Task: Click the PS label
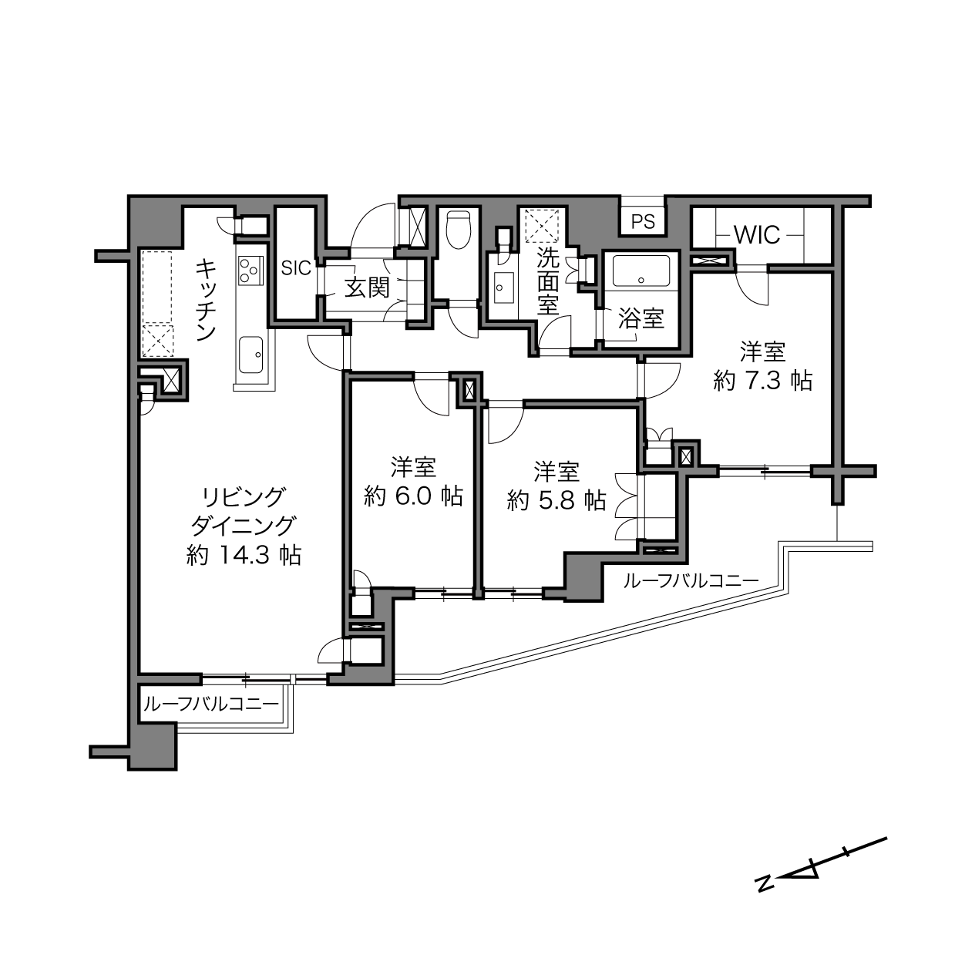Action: click(643, 221)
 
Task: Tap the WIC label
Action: click(757, 234)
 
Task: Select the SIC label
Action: click(296, 268)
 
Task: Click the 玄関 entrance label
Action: click(367, 288)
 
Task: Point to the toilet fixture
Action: click(458, 230)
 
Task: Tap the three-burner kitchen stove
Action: click(250, 271)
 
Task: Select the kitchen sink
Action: click(251, 355)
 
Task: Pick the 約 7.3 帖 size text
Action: click(763, 381)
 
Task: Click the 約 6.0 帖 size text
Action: click(413, 496)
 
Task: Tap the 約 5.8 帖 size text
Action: click(556, 499)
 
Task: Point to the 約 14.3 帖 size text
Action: click(244, 555)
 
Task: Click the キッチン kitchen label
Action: click(205, 299)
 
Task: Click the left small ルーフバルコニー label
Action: click(211, 705)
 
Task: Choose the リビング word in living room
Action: click(244, 497)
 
